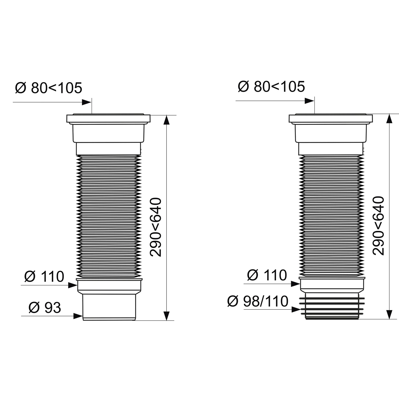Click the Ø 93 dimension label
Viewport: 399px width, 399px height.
click(x=45, y=307)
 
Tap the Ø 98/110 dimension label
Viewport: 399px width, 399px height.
click(x=258, y=301)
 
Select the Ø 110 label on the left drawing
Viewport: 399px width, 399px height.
click(x=44, y=276)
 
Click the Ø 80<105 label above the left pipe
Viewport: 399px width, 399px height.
click(x=49, y=88)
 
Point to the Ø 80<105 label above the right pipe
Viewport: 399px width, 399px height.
click(x=271, y=86)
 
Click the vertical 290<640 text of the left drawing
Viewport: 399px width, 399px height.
click(x=156, y=227)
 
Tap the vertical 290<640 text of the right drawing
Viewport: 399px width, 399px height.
click(x=378, y=226)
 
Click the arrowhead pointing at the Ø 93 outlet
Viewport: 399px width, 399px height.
click(x=78, y=316)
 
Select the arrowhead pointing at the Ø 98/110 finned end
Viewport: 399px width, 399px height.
click(x=296, y=309)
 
